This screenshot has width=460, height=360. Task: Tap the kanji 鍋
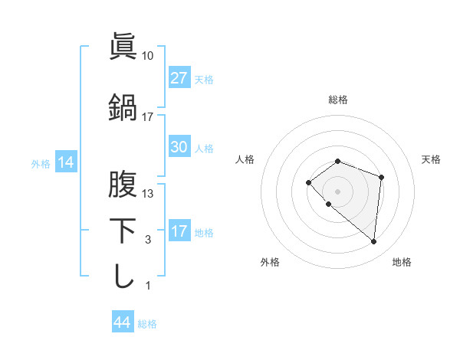pos(123,107)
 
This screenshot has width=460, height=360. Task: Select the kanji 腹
pos(123,184)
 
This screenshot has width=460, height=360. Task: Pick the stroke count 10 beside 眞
pos(148,56)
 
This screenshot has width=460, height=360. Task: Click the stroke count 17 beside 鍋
pos(148,117)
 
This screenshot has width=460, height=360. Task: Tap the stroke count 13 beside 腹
pos(148,194)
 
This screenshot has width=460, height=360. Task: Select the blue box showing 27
pos(179,78)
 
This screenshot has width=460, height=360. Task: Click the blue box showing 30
pos(179,147)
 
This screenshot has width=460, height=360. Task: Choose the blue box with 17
pos(179,231)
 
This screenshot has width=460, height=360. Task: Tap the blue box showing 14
pos(66,162)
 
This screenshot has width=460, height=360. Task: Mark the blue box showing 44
pos(122,322)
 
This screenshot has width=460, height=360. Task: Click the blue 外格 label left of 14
pos(41,163)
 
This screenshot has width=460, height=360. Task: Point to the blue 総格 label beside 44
pos(148,324)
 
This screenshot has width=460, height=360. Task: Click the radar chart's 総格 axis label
pos(338,100)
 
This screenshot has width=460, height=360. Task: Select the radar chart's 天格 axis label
pos(432,159)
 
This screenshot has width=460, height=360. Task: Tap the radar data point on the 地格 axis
pos(374,242)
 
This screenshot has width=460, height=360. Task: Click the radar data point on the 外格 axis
pos(329,205)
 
